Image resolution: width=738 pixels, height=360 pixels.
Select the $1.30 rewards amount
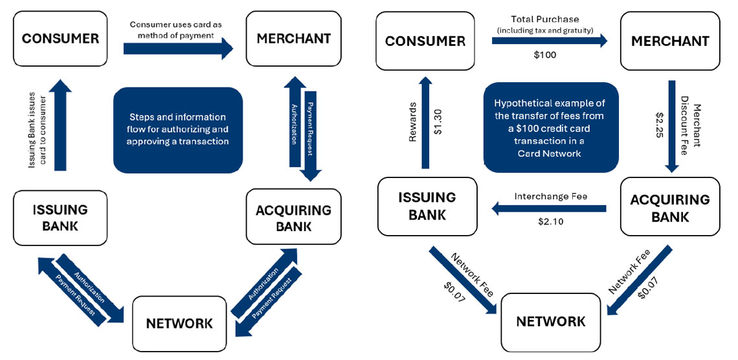(438, 122)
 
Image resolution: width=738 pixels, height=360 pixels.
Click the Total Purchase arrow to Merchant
(549, 41)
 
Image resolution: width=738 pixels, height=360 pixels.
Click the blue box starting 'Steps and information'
(177, 129)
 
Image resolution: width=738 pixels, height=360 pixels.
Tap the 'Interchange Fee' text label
(550, 196)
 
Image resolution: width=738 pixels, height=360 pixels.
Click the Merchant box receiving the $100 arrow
(670, 41)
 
